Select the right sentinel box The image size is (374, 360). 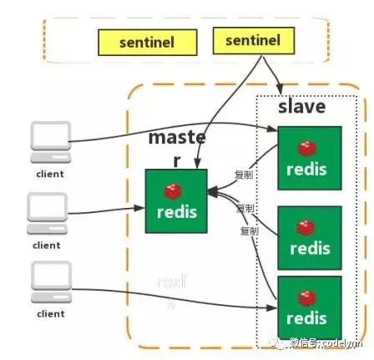coord(252,39)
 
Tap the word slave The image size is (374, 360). coord(301,107)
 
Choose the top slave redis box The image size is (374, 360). coord(310,157)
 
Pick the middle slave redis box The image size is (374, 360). coord(310,236)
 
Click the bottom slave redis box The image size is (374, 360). coord(310,307)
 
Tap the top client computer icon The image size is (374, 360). coord(49,145)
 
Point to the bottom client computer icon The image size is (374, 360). coord(49,284)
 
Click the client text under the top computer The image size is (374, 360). coord(49,174)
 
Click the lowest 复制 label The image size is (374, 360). coord(248,230)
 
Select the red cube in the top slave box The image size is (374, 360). coord(310,146)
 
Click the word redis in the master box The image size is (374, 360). coord(176,212)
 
